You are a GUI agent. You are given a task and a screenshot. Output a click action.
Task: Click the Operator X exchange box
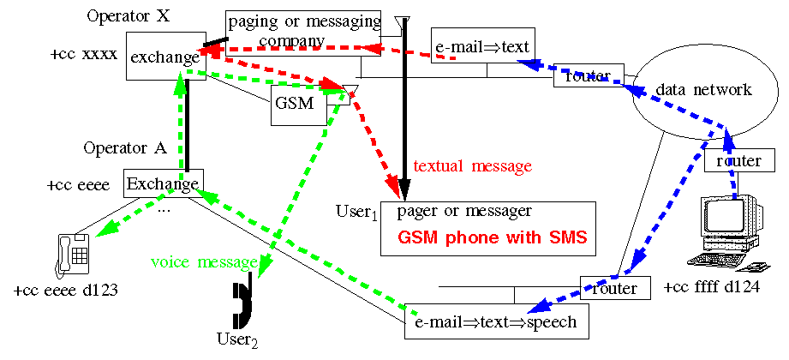pos(164,57)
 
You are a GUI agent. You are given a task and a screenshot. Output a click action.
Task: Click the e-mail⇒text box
pos(483,46)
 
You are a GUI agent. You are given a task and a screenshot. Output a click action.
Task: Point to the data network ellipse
pos(703,89)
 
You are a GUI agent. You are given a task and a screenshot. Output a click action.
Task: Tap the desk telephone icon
pos(74,254)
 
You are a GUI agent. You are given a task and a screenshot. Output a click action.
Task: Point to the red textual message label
pos(472,165)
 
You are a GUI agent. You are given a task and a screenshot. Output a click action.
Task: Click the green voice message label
pos(203,261)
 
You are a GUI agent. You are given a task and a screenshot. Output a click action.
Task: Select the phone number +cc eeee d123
pos(65,291)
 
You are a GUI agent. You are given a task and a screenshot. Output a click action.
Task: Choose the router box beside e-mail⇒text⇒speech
pos(614,288)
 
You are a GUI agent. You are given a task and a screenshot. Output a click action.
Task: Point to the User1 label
pos(356,211)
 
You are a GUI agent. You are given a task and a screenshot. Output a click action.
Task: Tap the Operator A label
pos(125,147)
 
